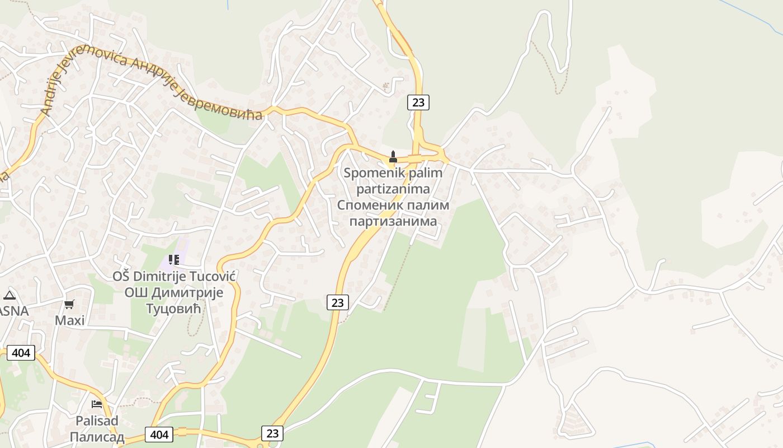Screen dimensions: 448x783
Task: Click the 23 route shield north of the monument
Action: click(x=418, y=102)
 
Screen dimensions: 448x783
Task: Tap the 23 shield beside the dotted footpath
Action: click(x=337, y=302)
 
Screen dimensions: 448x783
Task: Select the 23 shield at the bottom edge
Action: click(x=272, y=433)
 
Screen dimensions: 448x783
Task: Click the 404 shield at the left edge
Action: click(x=21, y=353)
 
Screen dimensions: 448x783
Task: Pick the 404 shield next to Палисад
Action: click(x=159, y=434)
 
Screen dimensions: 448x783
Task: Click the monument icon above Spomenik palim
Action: click(x=393, y=157)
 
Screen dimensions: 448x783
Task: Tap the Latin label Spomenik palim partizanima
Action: click(x=393, y=180)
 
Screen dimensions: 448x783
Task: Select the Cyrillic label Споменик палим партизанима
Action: click(x=393, y=213)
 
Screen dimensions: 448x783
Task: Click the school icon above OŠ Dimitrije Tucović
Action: click(x=174, y=259)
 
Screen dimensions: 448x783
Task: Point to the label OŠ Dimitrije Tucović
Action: click(x=174, y=277)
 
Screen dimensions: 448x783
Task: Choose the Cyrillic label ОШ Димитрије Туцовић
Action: click(x=174, y=300)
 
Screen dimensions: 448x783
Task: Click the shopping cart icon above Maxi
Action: click(x=69, y=304)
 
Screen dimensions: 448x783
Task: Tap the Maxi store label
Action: click(x=70, y=320)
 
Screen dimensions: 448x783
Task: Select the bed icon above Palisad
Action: click(x=97, y=404)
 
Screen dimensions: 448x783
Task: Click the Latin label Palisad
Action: click(x=97, y=421)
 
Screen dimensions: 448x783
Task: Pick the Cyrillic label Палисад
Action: click(x=97, y=437)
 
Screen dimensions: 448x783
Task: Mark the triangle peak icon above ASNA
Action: click(x=9, y=295)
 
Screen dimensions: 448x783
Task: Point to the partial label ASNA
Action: click(x=13, y=311)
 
